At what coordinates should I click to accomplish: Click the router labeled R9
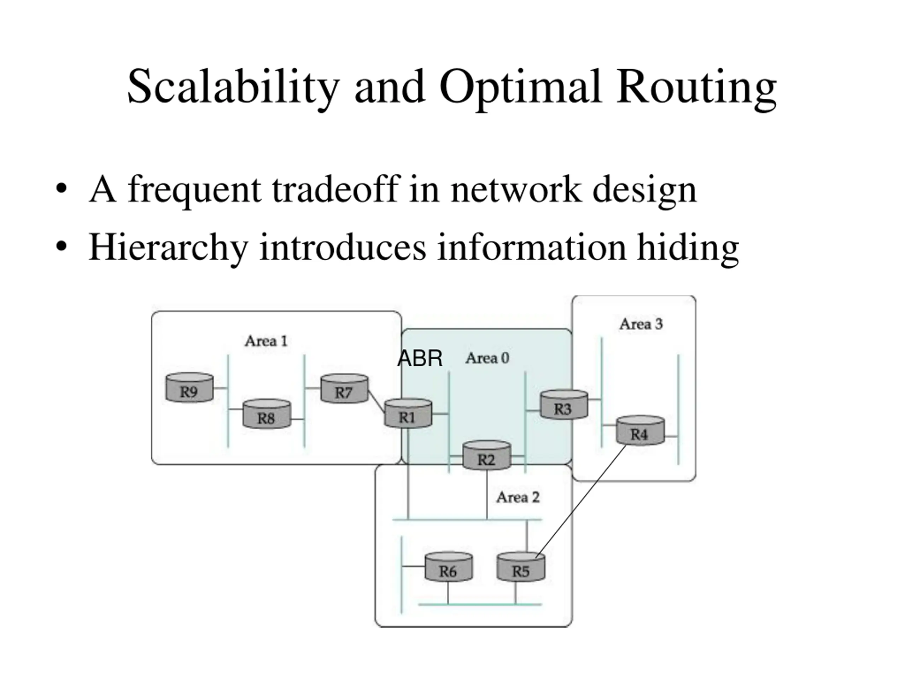tap(189, 387)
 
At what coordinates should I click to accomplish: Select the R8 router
tap(267, 414)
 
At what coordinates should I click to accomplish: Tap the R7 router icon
tap(344, 388)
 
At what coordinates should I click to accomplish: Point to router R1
tap(408, 413)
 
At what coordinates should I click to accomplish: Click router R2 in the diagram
tap(487, 455)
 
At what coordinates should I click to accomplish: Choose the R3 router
tap(564, 404)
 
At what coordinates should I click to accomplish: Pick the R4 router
tap(640, 430)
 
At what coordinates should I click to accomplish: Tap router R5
tap(521, 567)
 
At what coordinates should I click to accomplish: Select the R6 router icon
tap(449, 567)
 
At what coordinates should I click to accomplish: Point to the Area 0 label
tap(487, 358)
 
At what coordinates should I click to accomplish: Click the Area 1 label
tap(266, 341)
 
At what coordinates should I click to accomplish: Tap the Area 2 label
tap(518, 497)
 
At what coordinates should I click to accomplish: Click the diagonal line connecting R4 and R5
tap(581, 500)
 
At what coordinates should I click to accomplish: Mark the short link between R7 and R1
tap(376, 401)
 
